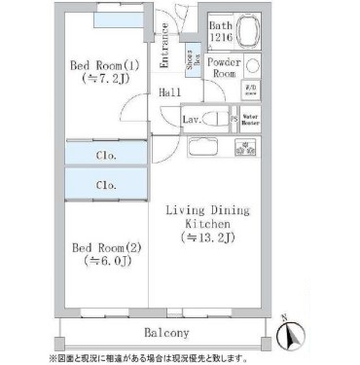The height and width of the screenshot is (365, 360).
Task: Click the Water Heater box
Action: pyautogui.click(x=250, y=122)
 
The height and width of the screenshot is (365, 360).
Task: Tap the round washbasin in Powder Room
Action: pyautogui.click(x=252, y=67)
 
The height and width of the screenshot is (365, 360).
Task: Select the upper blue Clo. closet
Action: pyautogui.click(x=106, y=154)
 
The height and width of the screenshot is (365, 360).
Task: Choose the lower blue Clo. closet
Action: pyautogui.click(x=106, y=183)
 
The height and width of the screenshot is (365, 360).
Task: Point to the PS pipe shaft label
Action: pyautogui.click(x=234, y=121)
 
